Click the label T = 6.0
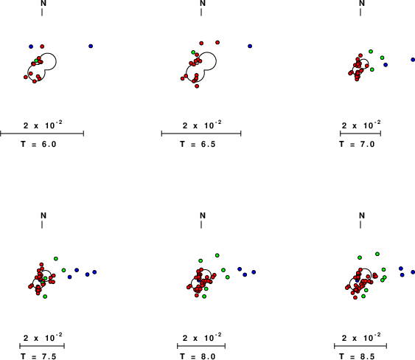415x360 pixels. click(38, 144)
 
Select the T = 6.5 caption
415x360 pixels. click(198, 144)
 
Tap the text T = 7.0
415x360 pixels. click(357, 144)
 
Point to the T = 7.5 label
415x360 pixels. click(38, 356)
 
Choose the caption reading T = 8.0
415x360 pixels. click(198, 356)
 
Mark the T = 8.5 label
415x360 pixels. click(357, 356)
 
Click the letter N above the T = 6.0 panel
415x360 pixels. click(43, 3)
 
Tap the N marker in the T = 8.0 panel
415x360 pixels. click(203, 215)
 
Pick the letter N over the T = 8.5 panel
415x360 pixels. click(362, 215)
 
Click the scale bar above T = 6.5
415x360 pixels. click(201, 134)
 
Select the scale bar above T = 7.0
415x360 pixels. click(360, 134)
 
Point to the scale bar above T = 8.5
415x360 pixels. click(360, 346)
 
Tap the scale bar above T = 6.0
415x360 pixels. click(42, 134)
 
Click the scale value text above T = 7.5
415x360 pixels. click(43, 337)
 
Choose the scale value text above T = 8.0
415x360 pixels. click(202, 337)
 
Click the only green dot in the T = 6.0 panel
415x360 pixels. click(37, 60)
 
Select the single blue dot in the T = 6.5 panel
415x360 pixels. click(250, 46)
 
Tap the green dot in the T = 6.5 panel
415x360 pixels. click(193, 52)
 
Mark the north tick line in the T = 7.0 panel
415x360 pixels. click(360, 13)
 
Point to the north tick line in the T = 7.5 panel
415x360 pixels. click(42, 225)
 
